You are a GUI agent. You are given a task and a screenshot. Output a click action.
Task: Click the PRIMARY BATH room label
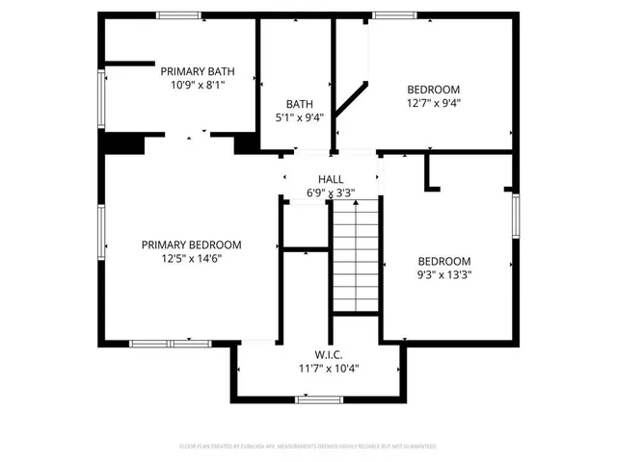[197, 70]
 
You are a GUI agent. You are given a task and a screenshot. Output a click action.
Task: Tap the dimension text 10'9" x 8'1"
[197, 85]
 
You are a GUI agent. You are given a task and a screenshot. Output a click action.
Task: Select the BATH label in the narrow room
[298, 103]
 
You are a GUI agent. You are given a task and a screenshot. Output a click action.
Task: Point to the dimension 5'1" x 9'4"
[298, 117]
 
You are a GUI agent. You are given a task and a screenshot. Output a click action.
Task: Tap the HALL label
[331, 180]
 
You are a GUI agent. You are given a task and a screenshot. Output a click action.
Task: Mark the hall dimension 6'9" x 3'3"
[331, 193]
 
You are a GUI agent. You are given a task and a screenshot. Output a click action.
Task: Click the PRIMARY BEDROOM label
[191, 244]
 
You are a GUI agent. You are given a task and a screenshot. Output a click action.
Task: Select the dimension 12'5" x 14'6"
[191, 258]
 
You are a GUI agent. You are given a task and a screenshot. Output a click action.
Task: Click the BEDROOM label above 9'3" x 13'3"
[443, 261]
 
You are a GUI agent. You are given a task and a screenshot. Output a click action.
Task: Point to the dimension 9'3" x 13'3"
[443, 274]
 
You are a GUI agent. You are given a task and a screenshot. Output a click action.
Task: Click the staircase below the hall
[357, 255]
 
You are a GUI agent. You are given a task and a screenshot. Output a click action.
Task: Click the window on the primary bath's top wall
[180, 14]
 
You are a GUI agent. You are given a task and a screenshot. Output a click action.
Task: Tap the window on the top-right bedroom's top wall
[395, 14]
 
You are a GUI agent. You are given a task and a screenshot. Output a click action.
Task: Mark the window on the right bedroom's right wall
[516, 217]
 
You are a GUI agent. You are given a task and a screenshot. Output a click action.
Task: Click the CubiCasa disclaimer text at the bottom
[308, 447]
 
